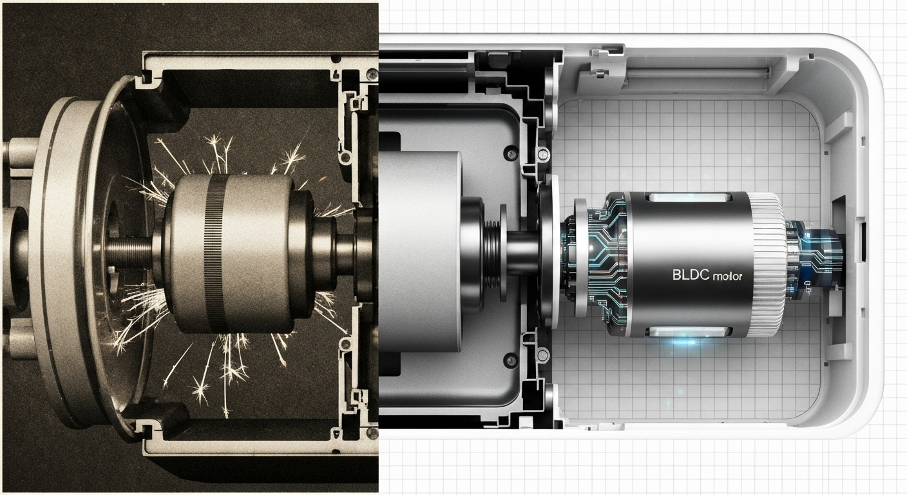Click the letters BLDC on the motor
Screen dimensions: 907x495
(x=691, y=275)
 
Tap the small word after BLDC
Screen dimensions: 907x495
(x=727, y=277)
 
